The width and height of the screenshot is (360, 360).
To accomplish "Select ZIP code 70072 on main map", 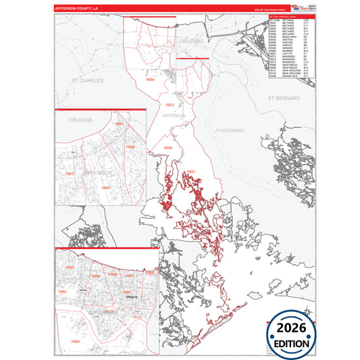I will [x=170, y=105].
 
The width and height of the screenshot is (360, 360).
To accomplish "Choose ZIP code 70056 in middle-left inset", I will [x=129, y=147].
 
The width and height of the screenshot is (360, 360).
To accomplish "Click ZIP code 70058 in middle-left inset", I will [x=105, y=187].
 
